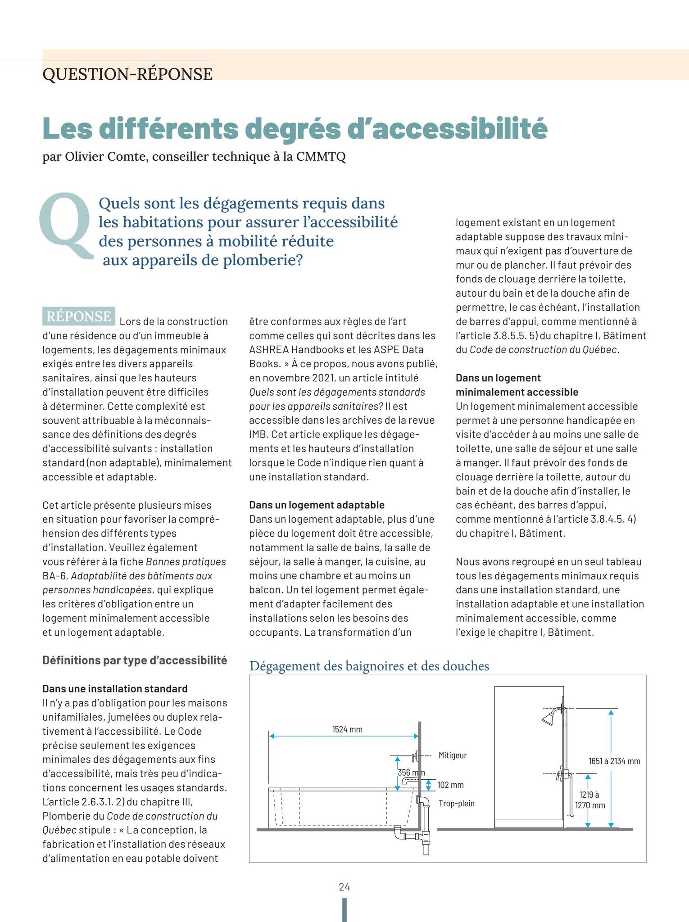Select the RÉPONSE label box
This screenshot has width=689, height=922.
(x=79, y=316)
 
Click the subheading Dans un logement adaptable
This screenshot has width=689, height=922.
(x=317, y=505)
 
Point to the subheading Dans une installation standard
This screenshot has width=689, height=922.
(x=115, y=688)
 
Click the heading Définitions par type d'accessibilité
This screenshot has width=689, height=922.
(x=135, y=660)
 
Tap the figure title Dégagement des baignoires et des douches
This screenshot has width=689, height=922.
(x=369, y=666)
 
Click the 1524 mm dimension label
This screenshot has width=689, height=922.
(x=347, y=729)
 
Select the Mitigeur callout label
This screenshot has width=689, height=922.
(x=453, y=755)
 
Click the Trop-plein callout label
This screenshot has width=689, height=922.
(x=456, y=803)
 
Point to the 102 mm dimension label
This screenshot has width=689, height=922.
(x=450, y=785)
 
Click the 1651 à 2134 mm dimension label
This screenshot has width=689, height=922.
(x=614, y=761)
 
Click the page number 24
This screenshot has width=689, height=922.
(x=344, y=887)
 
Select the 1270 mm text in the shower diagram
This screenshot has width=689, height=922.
(x=590, y=805)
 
